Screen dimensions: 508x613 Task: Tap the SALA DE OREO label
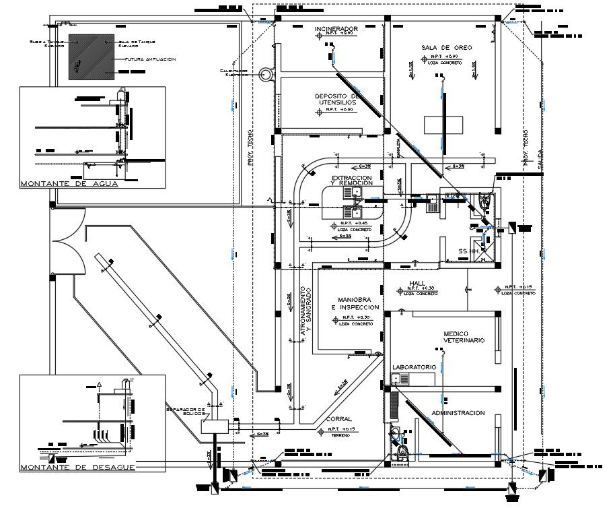click(x=447, y=47)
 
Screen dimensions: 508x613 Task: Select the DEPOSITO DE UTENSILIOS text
click(x=338, y=100)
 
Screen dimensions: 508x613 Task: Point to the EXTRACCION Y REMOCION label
click(x=351, y=181)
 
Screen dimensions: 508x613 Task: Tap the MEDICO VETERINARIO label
click(x=464, y=338)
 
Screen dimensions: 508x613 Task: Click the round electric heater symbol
click(x=266, y=73)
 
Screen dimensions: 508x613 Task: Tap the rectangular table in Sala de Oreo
click(x=443, y=125)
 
